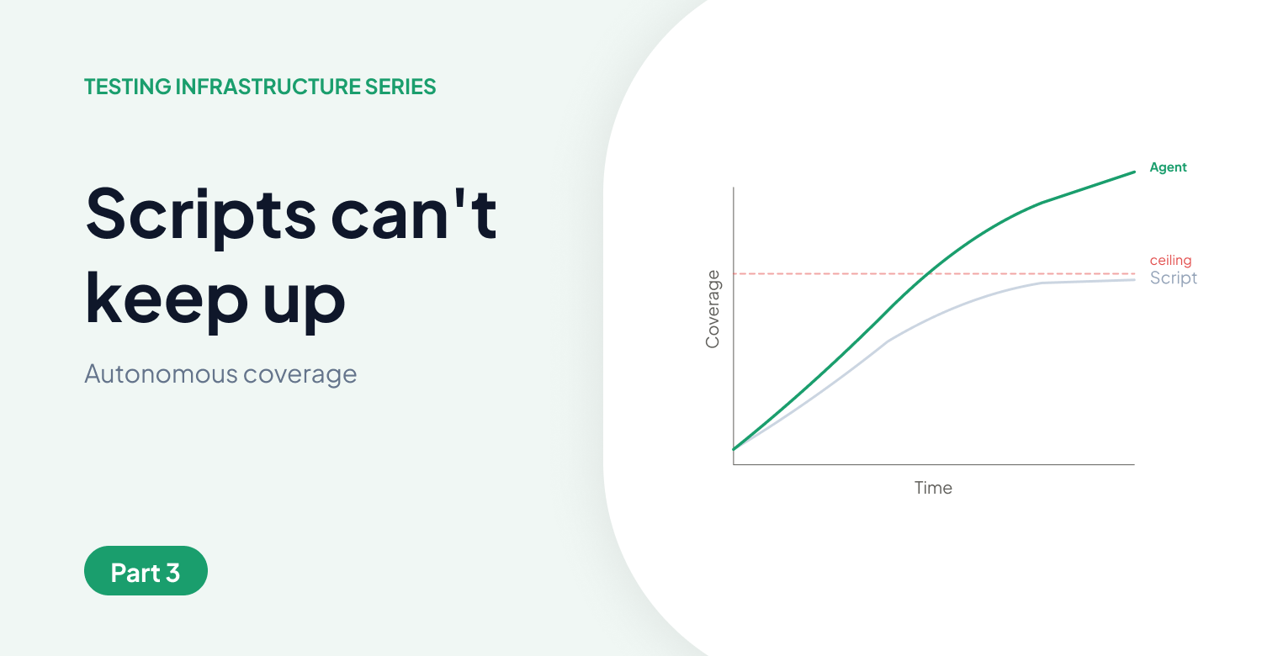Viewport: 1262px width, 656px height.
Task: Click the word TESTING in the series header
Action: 127,87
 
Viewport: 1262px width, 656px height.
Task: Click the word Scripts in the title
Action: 201,213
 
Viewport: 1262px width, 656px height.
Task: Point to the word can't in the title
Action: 414,213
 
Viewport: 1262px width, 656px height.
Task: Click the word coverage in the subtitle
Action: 300,373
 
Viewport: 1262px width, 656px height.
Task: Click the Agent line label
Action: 1168,167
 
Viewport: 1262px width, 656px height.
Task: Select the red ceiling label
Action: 1170,261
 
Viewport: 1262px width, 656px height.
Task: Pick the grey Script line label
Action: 1173,278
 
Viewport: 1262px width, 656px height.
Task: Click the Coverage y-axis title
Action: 713,309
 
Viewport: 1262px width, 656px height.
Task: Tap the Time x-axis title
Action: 933,488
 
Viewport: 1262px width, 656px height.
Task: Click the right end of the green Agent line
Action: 1134,172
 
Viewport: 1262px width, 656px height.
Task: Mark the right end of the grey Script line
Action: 1134,279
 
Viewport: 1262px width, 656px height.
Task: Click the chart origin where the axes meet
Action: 734,464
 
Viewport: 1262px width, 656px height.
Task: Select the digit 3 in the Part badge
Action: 172,573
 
